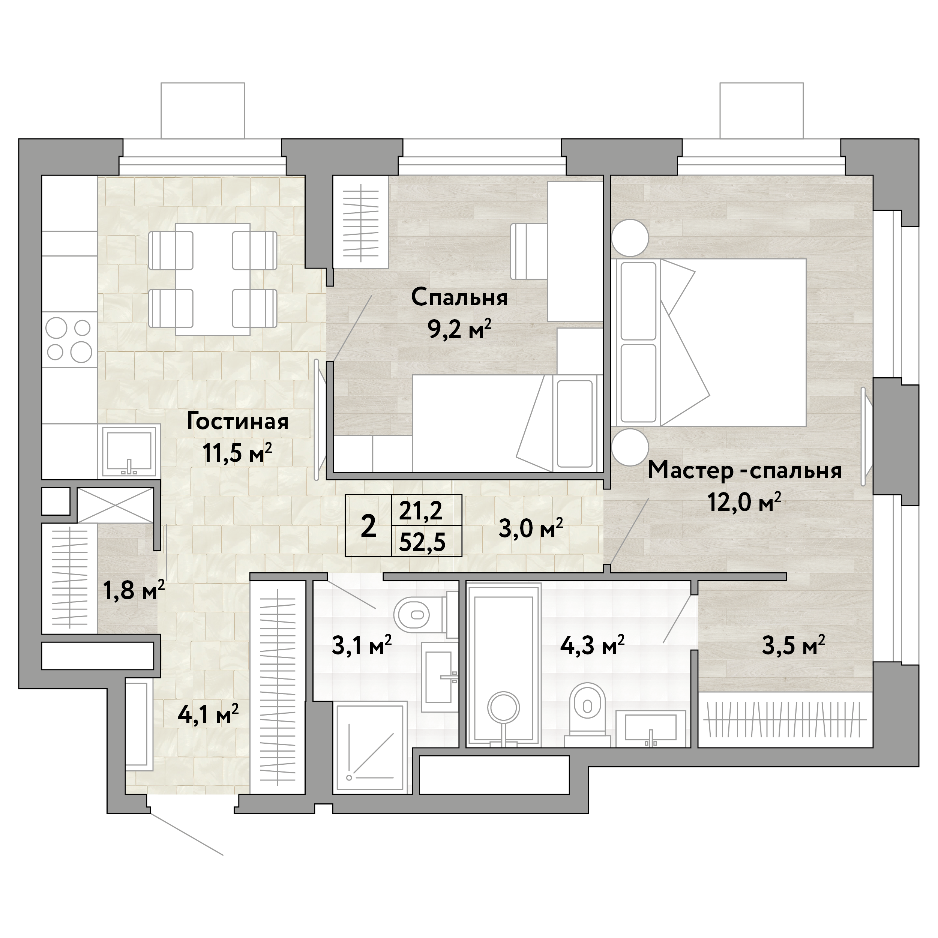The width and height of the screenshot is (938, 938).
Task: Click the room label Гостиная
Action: pyautogui.click(x=237, y=422)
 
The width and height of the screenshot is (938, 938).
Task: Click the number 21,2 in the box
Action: pyautogui.click(x=421, y=511)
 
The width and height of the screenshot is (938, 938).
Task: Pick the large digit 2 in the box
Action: pyautogui.click(x=369, y=526)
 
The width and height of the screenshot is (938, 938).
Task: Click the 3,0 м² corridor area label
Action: pyautogui.click(x=531, y=529)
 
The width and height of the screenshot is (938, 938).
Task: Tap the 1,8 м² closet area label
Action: pyautogui.click(x=134, y=590)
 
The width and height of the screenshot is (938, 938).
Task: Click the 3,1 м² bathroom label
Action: pyautogui.click(x=362, y=646)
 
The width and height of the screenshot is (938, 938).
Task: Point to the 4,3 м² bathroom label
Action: pyautogui.click(x=592, y=646)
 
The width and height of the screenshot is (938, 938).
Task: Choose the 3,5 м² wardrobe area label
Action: pyautogui.click(x=793, y=646)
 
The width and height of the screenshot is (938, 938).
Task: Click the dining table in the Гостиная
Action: pyautogui.click(x=213, y=279)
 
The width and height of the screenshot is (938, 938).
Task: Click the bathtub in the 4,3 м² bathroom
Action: pyautogui.click(x=503, y=665)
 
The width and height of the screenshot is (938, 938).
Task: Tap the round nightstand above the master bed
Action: pyautogui.click(x=630, y=237)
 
